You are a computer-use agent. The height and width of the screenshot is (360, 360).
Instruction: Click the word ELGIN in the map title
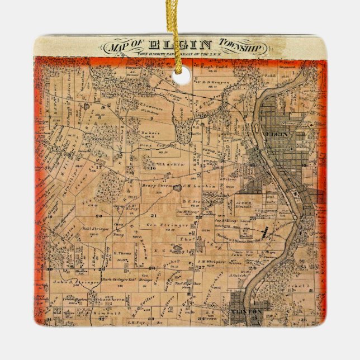182,45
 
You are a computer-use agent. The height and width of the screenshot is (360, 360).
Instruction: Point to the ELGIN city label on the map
277,135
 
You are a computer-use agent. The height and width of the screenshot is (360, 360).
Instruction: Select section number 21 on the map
153,215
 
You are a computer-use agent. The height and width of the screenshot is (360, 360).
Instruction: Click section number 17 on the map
99,166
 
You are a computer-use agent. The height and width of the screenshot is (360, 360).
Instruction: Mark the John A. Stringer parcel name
77,283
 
